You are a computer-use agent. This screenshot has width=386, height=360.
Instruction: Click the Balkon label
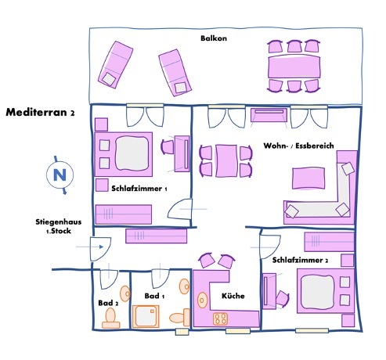click(x=214, y=38)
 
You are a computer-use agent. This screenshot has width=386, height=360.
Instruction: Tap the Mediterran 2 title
click(x=40, y=112)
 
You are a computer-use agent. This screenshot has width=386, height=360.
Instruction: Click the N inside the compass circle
click(x=60, y=175)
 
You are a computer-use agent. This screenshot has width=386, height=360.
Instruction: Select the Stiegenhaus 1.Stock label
click(x=59, y=226)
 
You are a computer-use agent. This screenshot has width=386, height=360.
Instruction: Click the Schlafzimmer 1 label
click(x=139, y=189)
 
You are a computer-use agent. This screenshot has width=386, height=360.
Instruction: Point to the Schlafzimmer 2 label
click(x=300, y=260)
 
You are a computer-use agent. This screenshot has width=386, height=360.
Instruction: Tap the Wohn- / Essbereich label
click(x=298, y=146)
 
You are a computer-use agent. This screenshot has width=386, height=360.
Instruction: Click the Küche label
click(x=233, y=296)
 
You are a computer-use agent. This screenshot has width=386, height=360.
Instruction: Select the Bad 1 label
click(x=154, y=296)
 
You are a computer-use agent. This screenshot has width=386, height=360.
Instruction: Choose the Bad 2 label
click(x=108, y=303)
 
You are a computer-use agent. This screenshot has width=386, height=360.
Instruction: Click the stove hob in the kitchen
click(x=220, y=319)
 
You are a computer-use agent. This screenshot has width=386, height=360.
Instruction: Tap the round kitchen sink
click(x=202, y=300)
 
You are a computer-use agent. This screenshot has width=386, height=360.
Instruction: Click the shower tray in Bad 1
click(x=146, y=316)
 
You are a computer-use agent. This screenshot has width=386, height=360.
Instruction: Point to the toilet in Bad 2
click(x=111, y=318)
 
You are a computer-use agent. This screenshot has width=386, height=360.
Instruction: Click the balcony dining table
click(x=294, y=67)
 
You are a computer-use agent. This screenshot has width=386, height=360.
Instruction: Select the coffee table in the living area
click(x=308, y=178)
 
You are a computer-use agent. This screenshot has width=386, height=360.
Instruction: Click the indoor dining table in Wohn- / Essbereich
click(x=226, y=161)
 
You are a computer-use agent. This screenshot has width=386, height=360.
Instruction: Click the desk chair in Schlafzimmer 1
click(x=168, y=147)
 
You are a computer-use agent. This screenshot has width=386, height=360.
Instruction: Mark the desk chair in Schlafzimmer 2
click(x=283, y=298)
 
